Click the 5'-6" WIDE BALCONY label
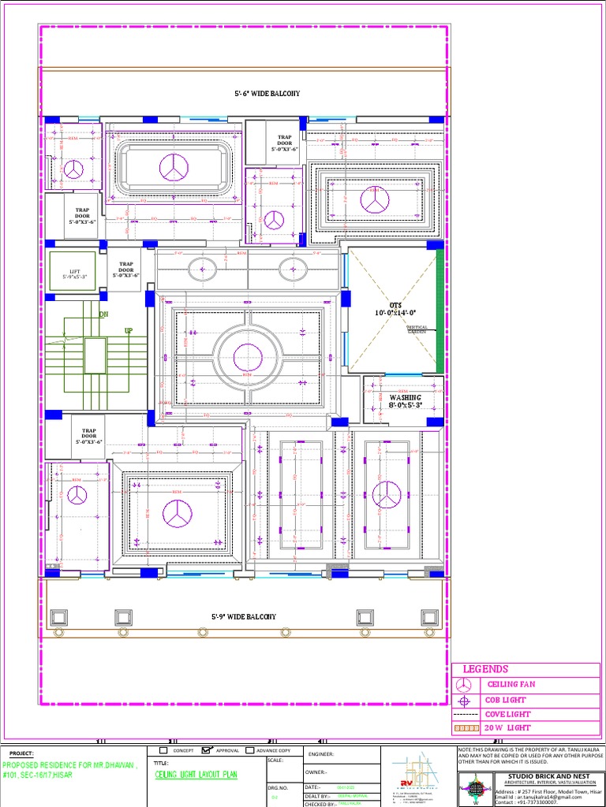point(267,94)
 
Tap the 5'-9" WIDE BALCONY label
point(243,616)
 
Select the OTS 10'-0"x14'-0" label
point(395,309)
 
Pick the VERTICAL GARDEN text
point(416,329)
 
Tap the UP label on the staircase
point(128,332)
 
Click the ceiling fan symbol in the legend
point(466,684)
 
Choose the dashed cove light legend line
point(466,714)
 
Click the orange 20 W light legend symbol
point(466,728)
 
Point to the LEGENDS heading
point(485,669)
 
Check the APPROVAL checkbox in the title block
point(207,750)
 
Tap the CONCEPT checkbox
point(163,750)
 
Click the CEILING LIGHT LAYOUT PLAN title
point(196,775)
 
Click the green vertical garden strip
point(440,311)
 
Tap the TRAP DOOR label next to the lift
point(125,270)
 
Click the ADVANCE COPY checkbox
point(250,750)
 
